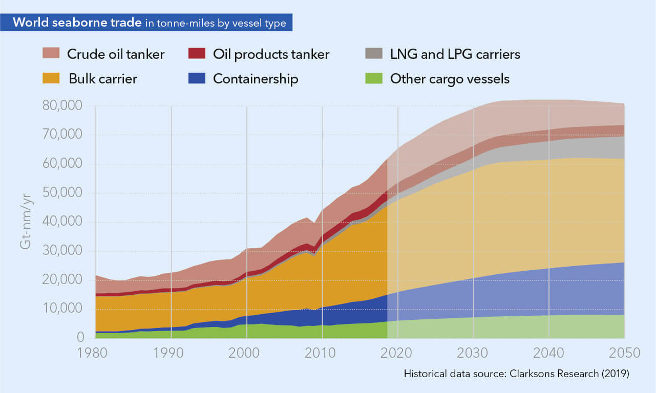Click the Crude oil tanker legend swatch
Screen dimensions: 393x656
click(x=51, y=53)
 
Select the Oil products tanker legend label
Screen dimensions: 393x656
click(x=271, y=54)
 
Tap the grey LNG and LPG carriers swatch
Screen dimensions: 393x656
click(x=374, y=53)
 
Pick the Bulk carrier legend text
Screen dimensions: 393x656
click(x=103, y=79)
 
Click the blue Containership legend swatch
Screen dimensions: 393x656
click(x=197, y=78)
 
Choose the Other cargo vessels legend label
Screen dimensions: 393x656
click(x=450, y=79)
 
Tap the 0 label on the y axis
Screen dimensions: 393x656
click(x=81, y=337)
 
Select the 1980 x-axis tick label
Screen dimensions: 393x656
click(x=96, y=353)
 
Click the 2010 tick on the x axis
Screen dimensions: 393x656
click(x=323, y=353)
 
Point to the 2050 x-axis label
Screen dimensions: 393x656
click(x=624, y=353)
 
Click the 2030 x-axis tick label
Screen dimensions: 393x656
click(x=474, y=353)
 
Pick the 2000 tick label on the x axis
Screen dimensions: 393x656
click(x=247, y=353)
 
